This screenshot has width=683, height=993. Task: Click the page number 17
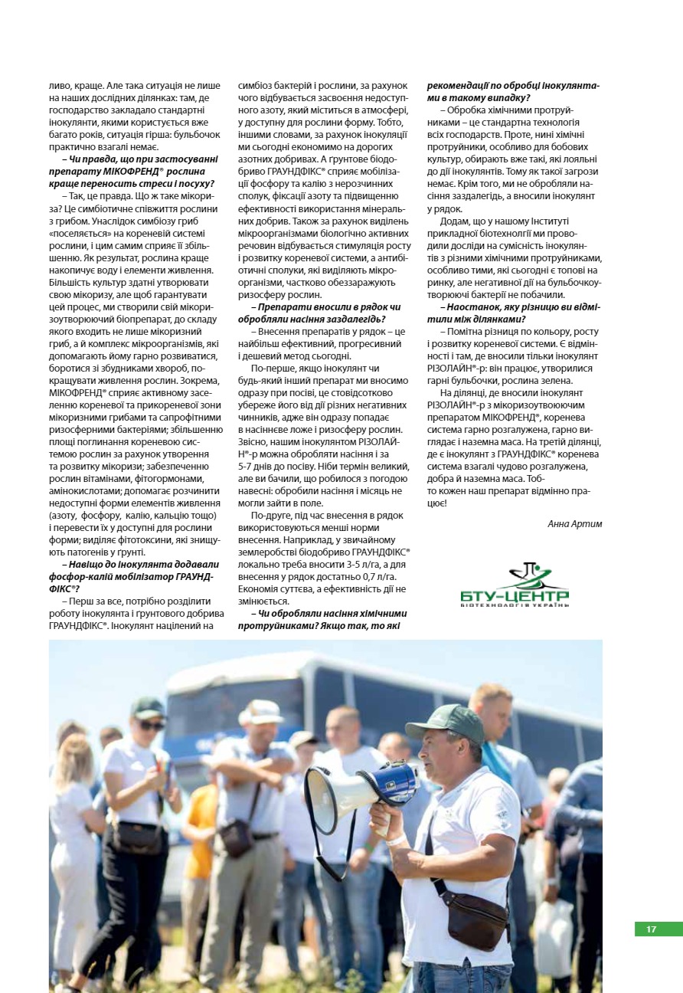[651, 929]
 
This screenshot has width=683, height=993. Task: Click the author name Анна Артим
[575, 524]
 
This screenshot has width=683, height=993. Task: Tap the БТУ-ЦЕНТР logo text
[515, 595]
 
